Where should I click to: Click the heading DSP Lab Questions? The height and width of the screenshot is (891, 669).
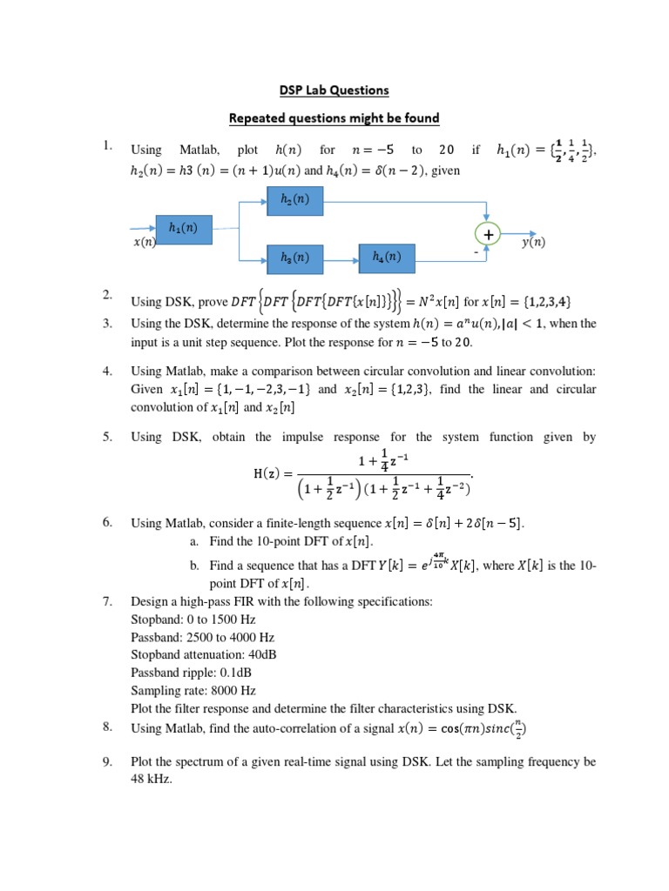tap(334, 90)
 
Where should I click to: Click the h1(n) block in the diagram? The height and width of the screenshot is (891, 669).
tap(183, 229)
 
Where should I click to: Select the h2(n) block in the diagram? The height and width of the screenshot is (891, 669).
tap(294, 201)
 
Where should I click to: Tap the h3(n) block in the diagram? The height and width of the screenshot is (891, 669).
tap(294, 258)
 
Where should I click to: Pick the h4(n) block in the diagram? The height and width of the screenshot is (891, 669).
tap(387, 258)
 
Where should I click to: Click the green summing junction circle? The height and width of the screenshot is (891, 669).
tap(489, 234)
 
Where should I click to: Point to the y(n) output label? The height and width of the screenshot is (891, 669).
tap(533, 243)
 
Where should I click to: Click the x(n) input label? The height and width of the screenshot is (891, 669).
tap(144, 243)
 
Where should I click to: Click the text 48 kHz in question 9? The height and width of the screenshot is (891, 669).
tap(152, 780)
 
